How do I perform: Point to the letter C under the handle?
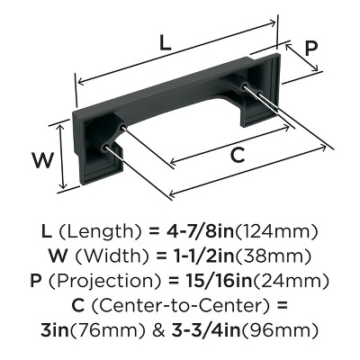237,155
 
